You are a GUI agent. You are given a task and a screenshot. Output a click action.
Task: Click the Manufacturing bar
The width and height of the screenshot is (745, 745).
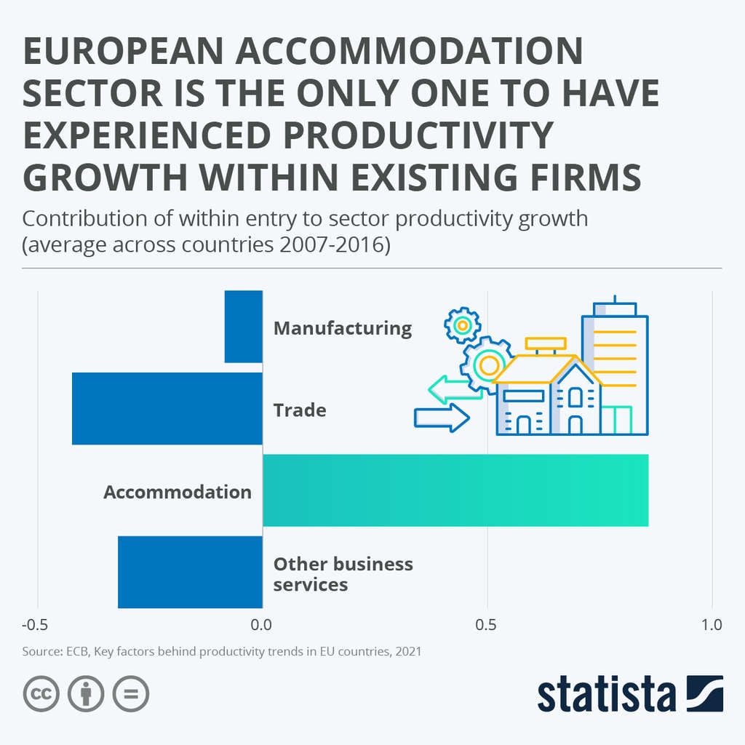coord(243,326)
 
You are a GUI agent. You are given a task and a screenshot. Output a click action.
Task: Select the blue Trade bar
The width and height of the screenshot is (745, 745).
coord(167,408)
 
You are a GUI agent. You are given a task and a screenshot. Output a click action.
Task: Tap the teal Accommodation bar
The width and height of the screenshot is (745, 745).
coord(455,490)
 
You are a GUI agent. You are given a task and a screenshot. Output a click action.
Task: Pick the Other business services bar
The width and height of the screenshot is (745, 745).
coord(190,572)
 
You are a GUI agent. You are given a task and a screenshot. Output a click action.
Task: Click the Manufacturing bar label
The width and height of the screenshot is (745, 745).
coord(342,328)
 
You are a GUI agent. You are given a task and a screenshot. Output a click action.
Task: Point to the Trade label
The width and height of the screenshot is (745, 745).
coord(299,410)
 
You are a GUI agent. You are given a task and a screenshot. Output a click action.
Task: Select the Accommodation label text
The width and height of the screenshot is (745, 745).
coord(177,492)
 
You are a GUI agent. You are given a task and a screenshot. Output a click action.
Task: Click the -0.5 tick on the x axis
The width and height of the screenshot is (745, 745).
coord(35,625)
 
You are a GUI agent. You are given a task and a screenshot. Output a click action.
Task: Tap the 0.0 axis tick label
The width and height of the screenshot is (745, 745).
coord(260,625)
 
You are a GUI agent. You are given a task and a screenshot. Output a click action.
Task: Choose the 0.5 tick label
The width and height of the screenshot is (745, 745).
coord(486,625)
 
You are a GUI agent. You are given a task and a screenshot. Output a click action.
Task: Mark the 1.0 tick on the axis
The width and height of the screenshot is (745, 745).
coord(712,625)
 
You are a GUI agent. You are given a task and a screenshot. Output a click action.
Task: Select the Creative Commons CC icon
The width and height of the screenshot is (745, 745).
coord(41,694)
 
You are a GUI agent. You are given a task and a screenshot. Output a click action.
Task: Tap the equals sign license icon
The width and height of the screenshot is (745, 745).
coord(131,694)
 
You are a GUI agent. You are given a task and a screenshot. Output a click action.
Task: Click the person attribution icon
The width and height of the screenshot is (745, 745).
coord(86,694)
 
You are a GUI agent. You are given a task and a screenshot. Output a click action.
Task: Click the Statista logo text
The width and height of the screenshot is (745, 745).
coord(607,695)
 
